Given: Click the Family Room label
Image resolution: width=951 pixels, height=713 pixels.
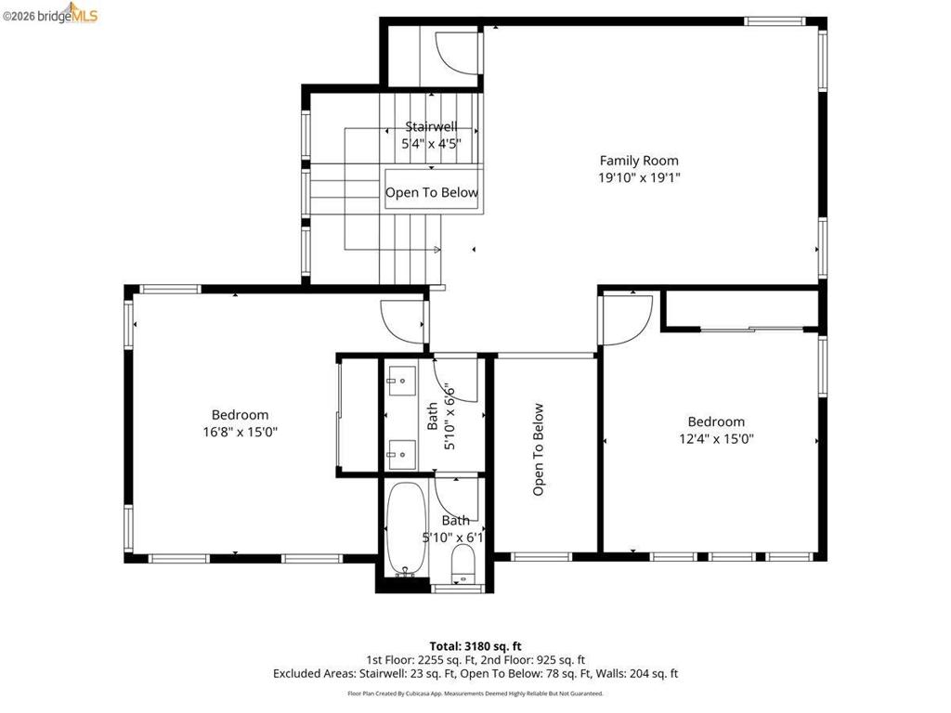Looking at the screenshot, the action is pyautogui.click(x=639, y=161).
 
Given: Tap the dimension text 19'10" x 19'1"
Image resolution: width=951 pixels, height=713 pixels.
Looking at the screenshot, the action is pyautogui.click(x=639, y=177).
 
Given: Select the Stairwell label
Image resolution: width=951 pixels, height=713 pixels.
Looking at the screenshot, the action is pyautogui.click(x=431, y=126).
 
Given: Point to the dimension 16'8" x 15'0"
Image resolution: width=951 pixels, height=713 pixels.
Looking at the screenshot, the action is pyautogui.click(x=241, y=432).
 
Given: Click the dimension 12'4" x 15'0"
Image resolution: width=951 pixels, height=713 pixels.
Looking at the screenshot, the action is pyautogui.click(x=716, y=438).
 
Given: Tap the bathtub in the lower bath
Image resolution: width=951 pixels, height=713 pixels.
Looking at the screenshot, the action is pyautogui.click(x=406, y=528).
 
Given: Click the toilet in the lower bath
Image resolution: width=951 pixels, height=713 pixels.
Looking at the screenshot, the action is pyautogui.click(x=464, y=564).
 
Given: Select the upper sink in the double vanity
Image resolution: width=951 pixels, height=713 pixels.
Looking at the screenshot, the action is pyautogui.click(x=401, y=381).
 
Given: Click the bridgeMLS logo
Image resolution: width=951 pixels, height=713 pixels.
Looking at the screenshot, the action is pyautogui.click(x=50, y=13).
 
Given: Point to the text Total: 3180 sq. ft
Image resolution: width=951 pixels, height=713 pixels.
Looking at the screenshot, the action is pyautogui.click(x=475, y=646).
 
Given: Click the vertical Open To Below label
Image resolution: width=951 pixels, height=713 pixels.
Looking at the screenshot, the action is pyautogui.click(x=538, y=449).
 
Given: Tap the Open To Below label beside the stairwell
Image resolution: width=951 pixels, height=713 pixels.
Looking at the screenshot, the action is pyautogui.click(x=432, y=192).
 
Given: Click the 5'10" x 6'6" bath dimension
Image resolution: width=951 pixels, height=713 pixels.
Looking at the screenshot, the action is pyautogui.click(x=449, y=416).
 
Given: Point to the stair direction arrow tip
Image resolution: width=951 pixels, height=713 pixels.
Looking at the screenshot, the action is pyautogui.click(x=440, y=249).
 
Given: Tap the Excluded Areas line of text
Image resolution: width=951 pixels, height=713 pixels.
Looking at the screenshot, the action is pyautogui.click(x=475, y=674).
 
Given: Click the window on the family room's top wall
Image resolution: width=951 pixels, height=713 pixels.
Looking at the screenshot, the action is pyautogui.click(x=775, y=22).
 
